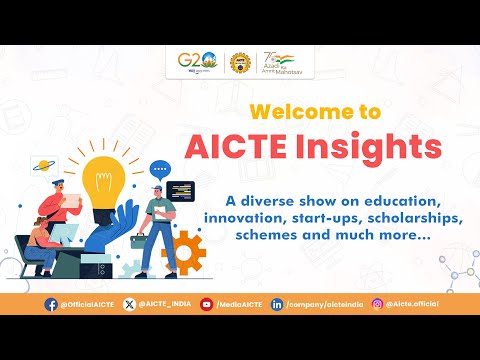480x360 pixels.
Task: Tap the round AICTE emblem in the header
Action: (x=240, y=63)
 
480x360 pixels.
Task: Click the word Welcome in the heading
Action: (x=292, y=110)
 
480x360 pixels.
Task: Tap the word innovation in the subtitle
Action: (x=245, y=216)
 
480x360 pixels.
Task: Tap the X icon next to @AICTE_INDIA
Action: (x=128, y=303)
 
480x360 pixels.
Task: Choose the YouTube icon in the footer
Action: (x=207, y=303)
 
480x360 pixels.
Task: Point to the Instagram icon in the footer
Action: (x=377, y=303)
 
